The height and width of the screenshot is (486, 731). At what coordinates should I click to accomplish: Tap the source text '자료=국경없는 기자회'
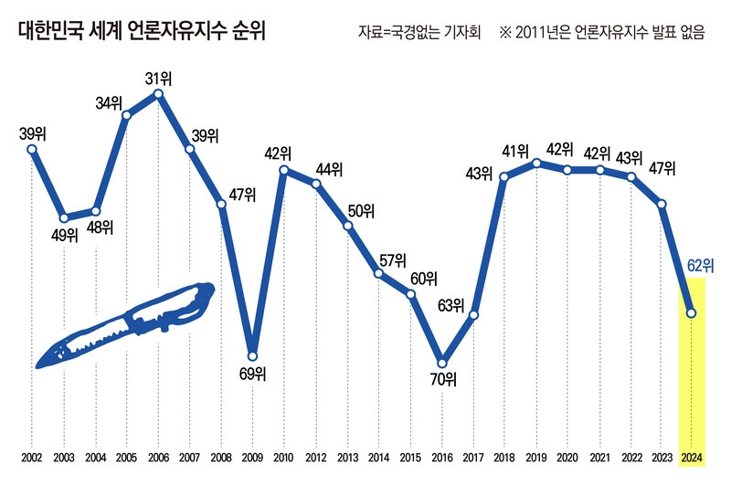click(x=418, y=34)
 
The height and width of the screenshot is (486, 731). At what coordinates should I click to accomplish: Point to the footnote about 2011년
click(x=603, y=34)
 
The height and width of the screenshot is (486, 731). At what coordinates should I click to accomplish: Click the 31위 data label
click(x=159, y=77)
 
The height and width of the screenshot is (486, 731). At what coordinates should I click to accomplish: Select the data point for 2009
click(x=253, y=356)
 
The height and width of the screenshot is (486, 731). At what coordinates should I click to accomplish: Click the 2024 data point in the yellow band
click(x=692, y=313)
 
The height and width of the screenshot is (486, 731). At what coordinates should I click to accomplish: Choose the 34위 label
click(x=109, y=102)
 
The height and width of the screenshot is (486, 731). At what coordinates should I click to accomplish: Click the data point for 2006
click(x=159, y=93)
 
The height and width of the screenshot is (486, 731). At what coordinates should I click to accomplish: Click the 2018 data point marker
click(x=504, y=175)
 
